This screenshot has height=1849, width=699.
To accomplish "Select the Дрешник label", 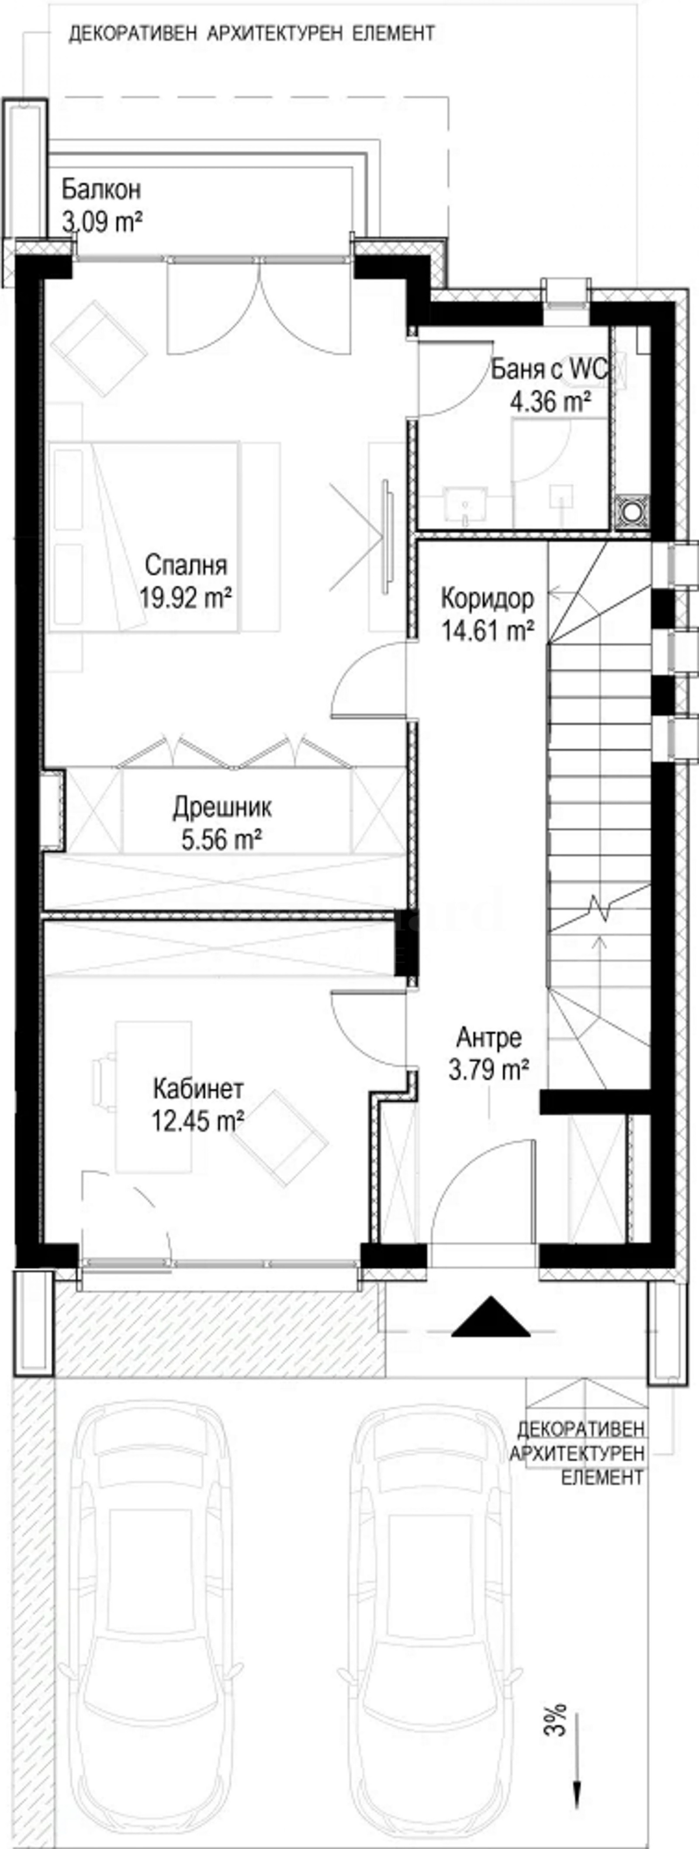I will click(x=222, y=807).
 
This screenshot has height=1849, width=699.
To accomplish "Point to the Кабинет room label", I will click(x=198, y=1089).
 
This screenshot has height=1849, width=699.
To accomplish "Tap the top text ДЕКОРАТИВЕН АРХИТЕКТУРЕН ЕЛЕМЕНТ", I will click(x=251, y=34).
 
